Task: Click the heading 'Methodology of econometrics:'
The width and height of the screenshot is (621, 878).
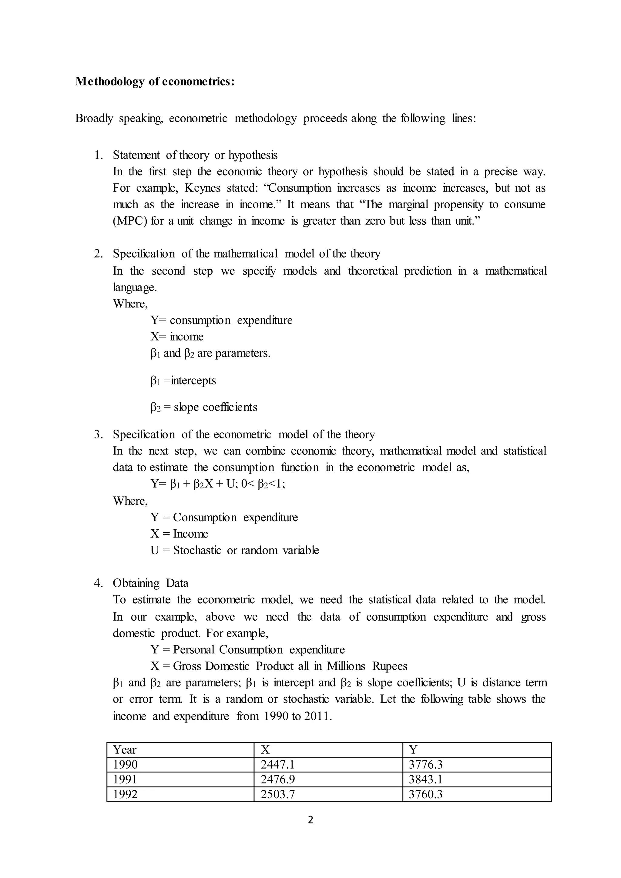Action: click(155, 82)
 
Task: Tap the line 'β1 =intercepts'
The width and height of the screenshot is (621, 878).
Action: click(183, 380)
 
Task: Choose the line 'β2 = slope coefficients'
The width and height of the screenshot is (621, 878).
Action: click(204, 407)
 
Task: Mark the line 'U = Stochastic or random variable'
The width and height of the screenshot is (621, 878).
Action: click(234, 550)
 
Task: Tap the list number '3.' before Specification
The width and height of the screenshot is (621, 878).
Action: click(98, 434)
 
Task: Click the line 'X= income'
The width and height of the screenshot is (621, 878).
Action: click(177, 337)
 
